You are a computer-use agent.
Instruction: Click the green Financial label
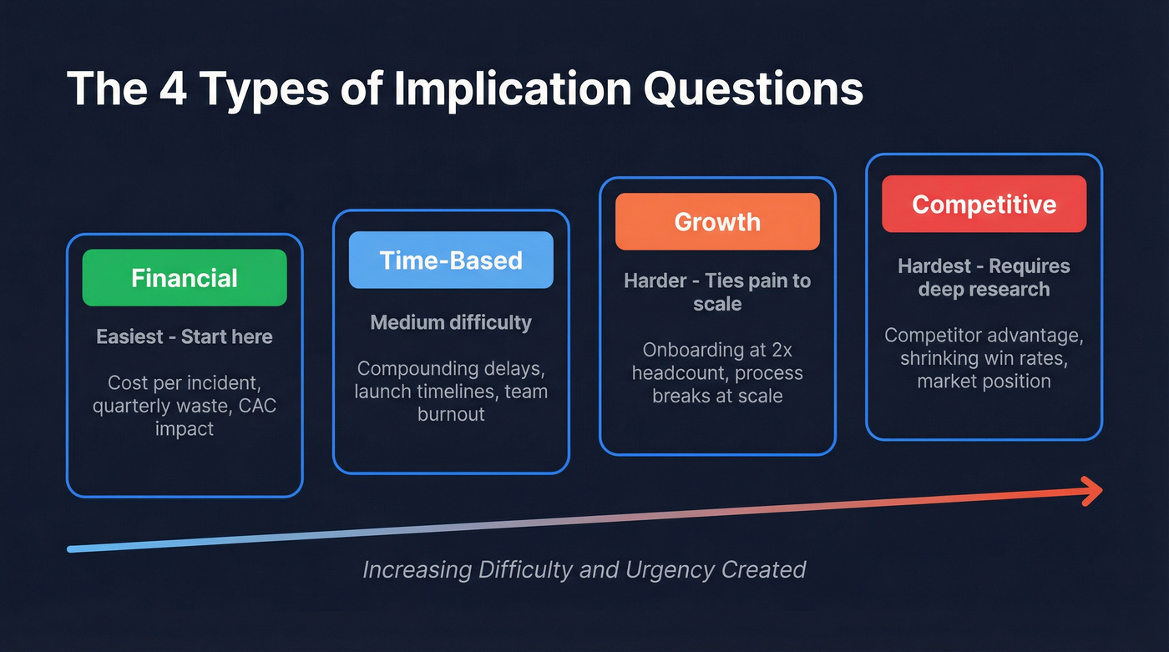[x=184, y=278]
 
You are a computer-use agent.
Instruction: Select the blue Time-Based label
[x=451, y=260]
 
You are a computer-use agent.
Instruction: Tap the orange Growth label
[x=717, y=222]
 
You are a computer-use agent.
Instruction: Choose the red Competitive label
[x=984, y=205]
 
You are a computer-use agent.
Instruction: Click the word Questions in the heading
[x=753, y=89]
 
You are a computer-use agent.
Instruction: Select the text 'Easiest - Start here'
[x=184, y=337]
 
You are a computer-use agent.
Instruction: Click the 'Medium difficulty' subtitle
[x=451, y=322]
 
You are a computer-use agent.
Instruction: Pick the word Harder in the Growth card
[x=655, y=281]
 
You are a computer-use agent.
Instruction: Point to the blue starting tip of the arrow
[x=72, y=548]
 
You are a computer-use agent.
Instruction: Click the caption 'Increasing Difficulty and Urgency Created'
[x=584, y=570]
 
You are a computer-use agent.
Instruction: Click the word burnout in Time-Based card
[x=451, y=413]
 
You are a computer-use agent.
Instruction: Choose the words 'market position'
[x=984, y=382]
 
